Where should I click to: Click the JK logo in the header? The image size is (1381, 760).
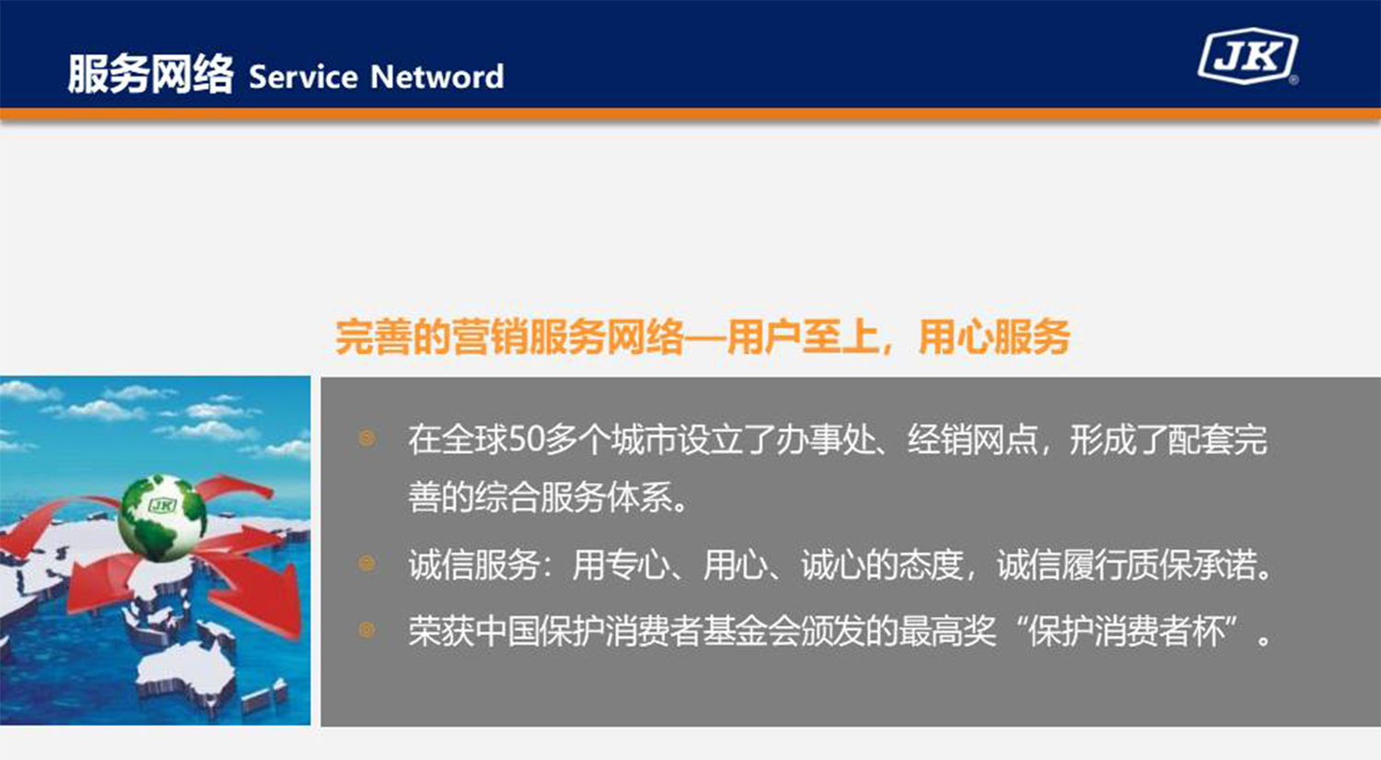pyautogui.click(x=1248, y=57)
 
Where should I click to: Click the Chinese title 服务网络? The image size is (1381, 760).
pyautogui.click(x=150, y=74)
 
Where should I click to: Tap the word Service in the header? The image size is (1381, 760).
pyautogui.click(x=303, y=76)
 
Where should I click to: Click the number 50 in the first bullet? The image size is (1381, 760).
pyautogui.click(x=527, y=439)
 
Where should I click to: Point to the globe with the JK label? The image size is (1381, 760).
pyautogui.click(x=162, y=515)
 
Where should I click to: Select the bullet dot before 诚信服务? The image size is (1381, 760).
pyautogui.click(x=366, y=563)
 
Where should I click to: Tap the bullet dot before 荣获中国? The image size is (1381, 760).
pyautogui.click(x=366, y=630)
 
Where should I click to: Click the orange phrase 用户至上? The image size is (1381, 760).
pyautogui.click(x=802, y=336)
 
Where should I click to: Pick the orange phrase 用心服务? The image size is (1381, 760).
pyautogui.click(x=993, y=336)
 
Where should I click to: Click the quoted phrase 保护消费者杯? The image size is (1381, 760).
pyautogui.click(x=1127, y=632)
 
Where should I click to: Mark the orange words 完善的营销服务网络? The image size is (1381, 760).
pyautogui.click(x=509, y=336)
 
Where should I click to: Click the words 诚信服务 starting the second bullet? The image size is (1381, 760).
pyautogui.click(x=474, y=564)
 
